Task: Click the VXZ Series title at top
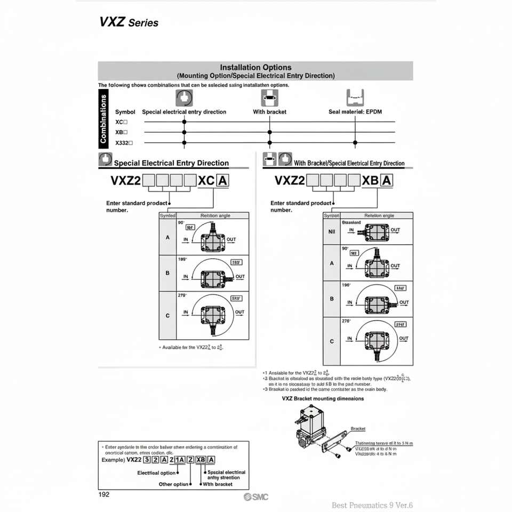(129, 22)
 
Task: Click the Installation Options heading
(255, 68)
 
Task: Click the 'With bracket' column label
(269, 112)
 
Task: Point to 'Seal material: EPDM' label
(355, 112)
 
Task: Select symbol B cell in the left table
(167, 273)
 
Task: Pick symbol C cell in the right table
(332, 341)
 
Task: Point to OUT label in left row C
(239, 313)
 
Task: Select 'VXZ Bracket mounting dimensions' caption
(323, 398)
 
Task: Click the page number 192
(104, 494)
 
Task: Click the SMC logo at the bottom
(256, 497)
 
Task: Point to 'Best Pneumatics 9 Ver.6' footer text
(372, 505)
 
